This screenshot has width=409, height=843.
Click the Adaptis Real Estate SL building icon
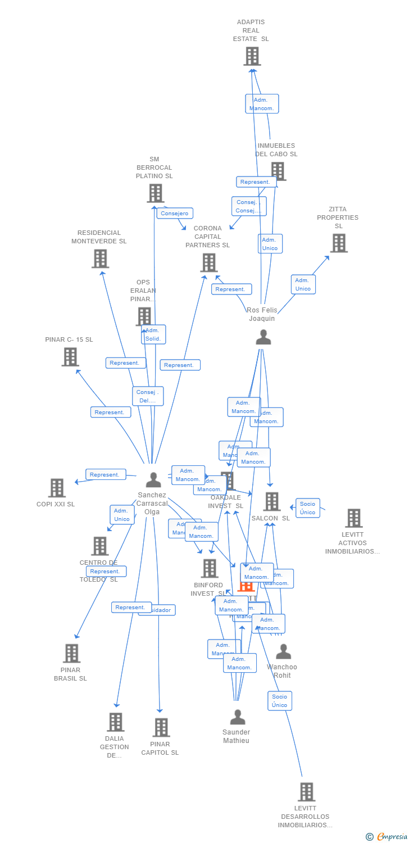click(x=252, y=56)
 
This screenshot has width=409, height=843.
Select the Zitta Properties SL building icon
click(x=338, y=243)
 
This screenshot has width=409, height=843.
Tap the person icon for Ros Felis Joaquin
click(x=263, y=337)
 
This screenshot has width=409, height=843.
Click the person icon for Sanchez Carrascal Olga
click(x=153, y=480)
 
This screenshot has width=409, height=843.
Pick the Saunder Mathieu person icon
click(x=238, y=717)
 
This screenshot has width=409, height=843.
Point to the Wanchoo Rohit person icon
click(x=283, y=652)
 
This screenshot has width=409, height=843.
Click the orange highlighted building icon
click(x=246, y=586)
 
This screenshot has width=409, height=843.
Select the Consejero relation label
click(x=175, y=214)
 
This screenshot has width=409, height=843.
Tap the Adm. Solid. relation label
click(x=153, y=334)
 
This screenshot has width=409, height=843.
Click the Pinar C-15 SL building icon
click(x=70, y=357)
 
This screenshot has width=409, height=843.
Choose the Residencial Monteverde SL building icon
click(x=100, y=259)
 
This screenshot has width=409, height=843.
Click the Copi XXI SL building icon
click(x=57, y=488)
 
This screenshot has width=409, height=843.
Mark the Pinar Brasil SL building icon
click(x=71, y=653)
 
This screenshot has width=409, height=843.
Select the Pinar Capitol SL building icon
click(x=161, y=727)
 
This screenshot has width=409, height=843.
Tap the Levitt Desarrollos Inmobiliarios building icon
click(x=306, y=792)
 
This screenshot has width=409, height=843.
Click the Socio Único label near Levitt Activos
click(x=307, y=508)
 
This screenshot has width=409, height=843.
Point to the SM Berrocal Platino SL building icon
click(x=155, y=193)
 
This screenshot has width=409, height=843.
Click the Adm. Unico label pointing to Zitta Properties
click(x=303, y=284)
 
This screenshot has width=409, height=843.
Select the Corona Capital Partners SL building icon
click(x=208, y=262)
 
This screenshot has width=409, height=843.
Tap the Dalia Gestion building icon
click(x=115, y=722)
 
